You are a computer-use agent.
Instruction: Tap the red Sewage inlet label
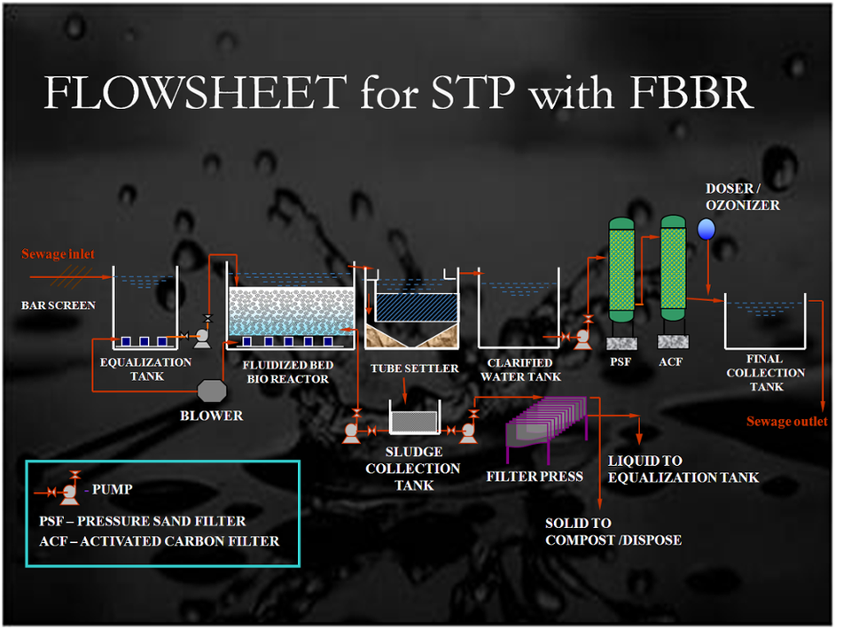(x=58, y=254)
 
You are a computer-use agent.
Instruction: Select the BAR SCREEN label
(x=59, y=305)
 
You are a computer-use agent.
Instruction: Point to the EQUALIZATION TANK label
(x=145, y=369)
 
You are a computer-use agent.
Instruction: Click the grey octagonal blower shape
(x=214, y=390)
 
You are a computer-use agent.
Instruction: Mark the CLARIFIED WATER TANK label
(x=520, y=369)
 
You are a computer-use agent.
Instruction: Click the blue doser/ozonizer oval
(x=707, y=229)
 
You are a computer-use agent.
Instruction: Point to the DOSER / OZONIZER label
(x=742, y=197)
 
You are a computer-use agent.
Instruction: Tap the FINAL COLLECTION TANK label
(x=766, y=372)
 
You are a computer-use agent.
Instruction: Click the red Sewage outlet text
(x=786, y=421)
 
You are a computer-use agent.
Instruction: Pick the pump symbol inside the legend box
(x=66, y=488)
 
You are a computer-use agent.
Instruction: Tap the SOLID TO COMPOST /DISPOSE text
(x=613, y=532)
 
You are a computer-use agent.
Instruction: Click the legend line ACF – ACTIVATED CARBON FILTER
(x=160, y=540)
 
